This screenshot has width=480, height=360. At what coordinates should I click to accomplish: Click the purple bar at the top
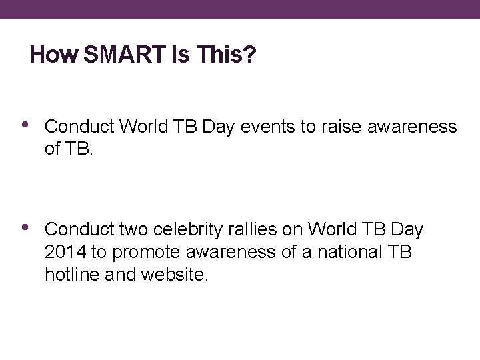240,9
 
